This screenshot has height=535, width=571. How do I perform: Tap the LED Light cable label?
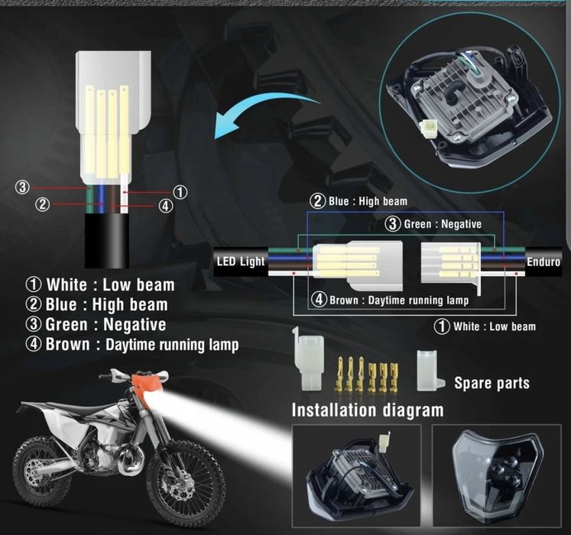tap(241, 261)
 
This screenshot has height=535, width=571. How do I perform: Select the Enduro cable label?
tap(543, 261)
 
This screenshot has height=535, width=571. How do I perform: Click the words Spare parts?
tap(492, 382)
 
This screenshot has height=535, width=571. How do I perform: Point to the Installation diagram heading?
tap(367, 410)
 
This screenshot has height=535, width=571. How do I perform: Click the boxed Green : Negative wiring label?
tap(432, 224)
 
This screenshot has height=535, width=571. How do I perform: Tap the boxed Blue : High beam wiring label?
tap(358, 201)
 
